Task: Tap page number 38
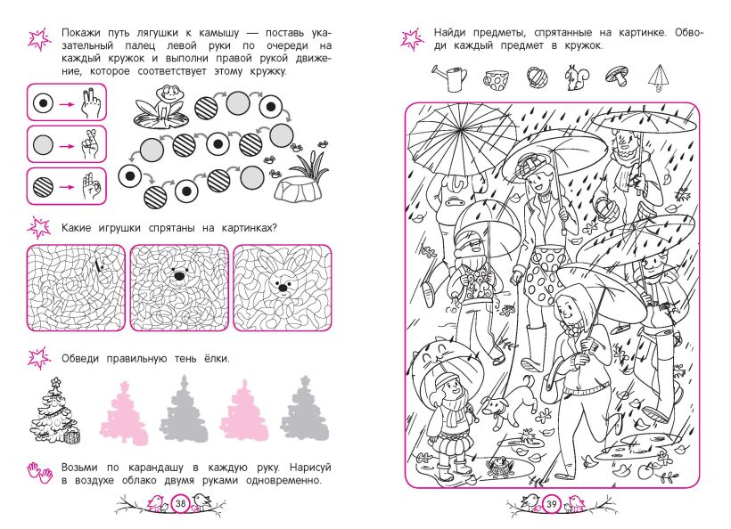[x=180, y=503]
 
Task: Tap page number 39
[x=551, y=503]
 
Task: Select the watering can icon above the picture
[x=450, y=77]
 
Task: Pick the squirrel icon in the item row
[x=577, y=77]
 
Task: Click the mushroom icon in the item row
[x=617, y=75]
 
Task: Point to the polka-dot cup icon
[x=497, y=80]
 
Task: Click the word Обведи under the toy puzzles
[x=80, y=359]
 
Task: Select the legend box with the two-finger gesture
[x=67, y=103]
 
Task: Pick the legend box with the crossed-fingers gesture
[x=67, y=144]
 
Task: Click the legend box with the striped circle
[x=67, y=186]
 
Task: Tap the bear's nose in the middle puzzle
[x=179, y=276]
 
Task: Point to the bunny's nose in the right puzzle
[x=283, y=289]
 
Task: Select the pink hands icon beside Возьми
[x=39, y=473]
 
